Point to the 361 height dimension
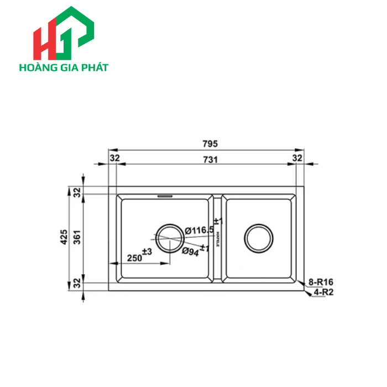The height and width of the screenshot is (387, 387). tap(78, 237)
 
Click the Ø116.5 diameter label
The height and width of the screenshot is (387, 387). tap(200, 230)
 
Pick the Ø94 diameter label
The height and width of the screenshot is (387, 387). tap(191, 251)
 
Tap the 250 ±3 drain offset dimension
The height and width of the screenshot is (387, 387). tap(139, 255)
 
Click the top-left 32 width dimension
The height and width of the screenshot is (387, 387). tap(114, 158)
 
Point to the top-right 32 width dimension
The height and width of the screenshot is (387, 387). tap(297, 158)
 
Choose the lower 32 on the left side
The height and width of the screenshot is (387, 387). tap(77, 284)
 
